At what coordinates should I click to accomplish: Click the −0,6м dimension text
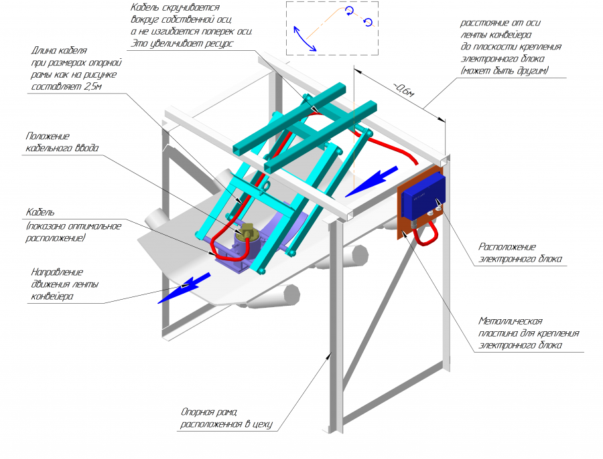coord(403,91)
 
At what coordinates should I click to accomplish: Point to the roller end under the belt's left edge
coord(156,218)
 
